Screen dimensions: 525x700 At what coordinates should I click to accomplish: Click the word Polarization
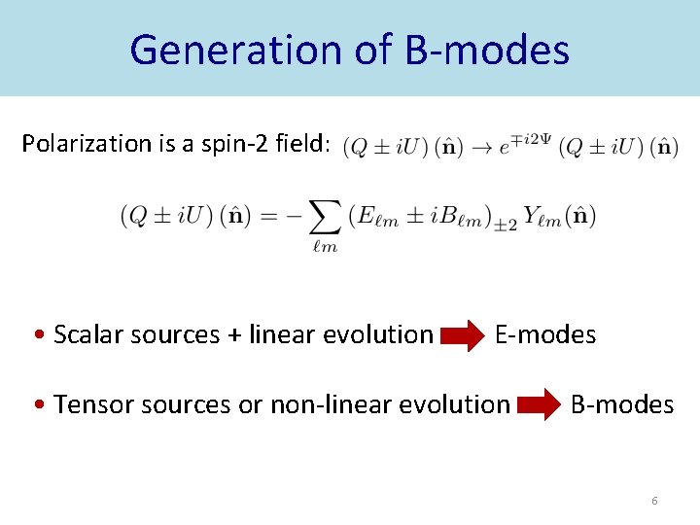point(85,145)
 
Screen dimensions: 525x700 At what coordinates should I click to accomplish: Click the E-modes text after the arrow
point(545,335)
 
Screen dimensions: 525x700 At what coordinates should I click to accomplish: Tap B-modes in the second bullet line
point(622,404)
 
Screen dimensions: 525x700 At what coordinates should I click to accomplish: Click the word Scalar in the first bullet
point(82,335)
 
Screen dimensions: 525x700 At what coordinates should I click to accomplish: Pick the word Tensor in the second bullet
point(86,404)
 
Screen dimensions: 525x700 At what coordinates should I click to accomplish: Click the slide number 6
point(654,501)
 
